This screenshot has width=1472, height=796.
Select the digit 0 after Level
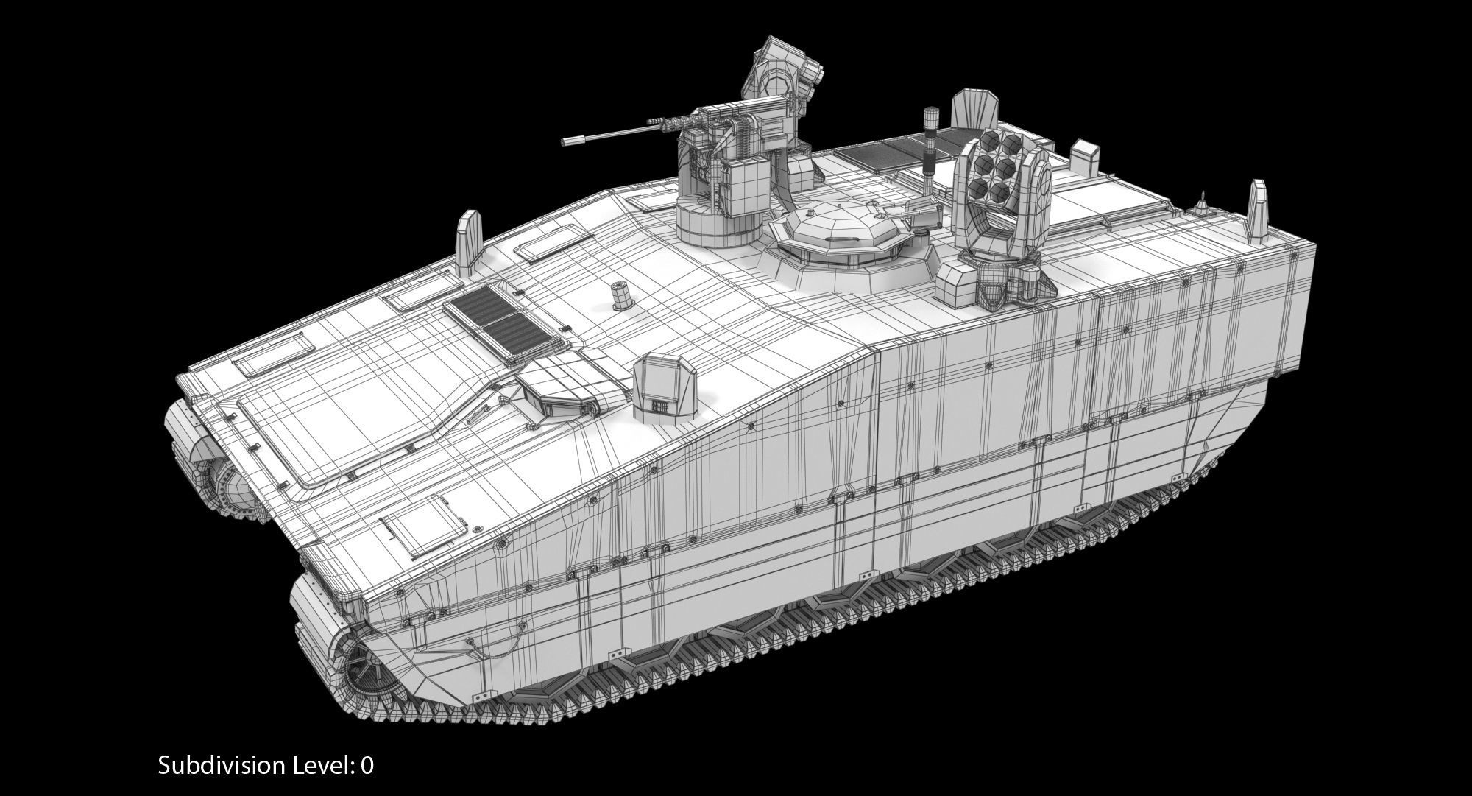click(x=367, y=765)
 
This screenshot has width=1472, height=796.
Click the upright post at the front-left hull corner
click(x=467, y=240)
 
